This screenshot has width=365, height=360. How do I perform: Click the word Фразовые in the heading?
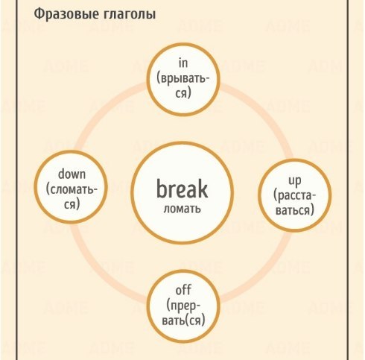pyautogui.click(x=65, y=14)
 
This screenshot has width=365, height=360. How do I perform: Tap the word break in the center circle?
pyautogui.click(x=182, y=189)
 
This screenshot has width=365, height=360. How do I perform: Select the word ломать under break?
pyautogui.click(x=182, y=209)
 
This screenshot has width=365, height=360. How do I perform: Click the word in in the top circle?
pyautogui.click(x=183, y=63)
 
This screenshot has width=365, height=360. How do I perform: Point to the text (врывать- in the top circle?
pyautogui.click(x=183, y=79)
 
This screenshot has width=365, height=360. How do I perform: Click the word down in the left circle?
pyautogui.click(x=72, y=174)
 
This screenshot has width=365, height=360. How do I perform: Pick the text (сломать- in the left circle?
pyautogui.click(x=72, y=190)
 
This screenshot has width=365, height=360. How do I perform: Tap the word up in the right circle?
pyautogui.click(x=295, y=180)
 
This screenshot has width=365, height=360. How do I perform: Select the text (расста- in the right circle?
pyautogui.click(x=294, y=196)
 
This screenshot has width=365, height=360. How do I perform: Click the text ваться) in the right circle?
pyautogui.click(x=295, y=210)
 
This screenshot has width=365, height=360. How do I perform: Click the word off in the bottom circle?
pyautogui.click(x=183, y=290)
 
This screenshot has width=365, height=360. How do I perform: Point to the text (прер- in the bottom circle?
pyautogui.click(x=183, y=306)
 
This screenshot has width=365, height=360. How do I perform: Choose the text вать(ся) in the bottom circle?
pyautogui.click(x=183, y=320)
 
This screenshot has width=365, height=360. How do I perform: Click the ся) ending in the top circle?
pyautogui.click(x=183, y=94)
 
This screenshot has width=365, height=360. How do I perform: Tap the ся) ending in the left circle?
pyautogui.click(x=72, y=205)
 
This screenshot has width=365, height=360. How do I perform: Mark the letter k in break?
pyautogui.click(x=203, y=189)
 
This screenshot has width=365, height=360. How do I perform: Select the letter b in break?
pyautogui.click(x=162, y=189)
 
